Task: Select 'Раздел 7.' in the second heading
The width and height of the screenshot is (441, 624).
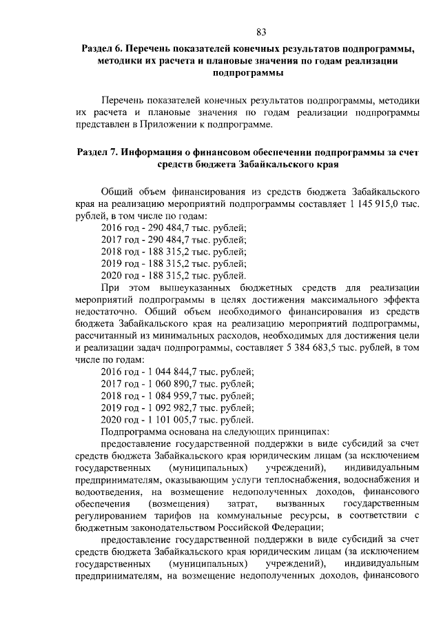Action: [x=98, y=152]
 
